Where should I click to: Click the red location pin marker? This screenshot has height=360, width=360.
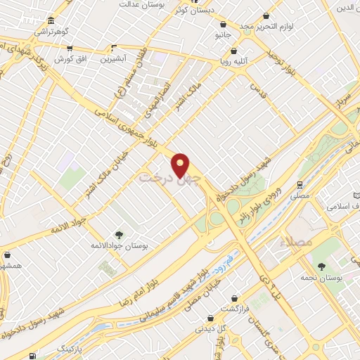click(181, 165)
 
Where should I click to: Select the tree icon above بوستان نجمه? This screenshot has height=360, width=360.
click(322, 266)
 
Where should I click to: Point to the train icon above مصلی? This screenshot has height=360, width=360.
click(300, 185)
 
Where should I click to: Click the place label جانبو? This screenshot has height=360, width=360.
click(222, 33)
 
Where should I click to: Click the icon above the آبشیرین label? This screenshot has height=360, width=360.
click(112, 49)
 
